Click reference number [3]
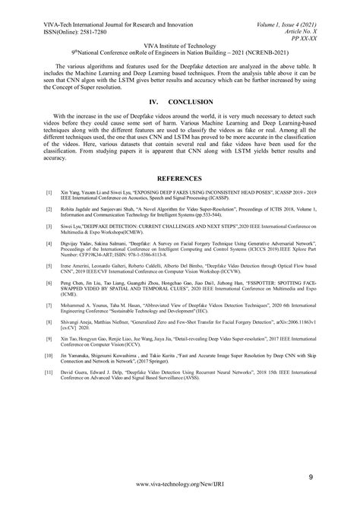[x=49, y=247]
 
